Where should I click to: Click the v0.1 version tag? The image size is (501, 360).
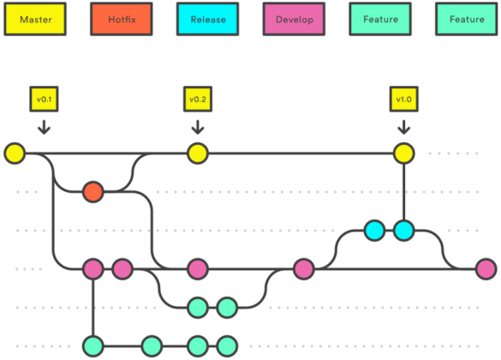[44, 99]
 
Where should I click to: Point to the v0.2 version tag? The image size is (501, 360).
[198, 99]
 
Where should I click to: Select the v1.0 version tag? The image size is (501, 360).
[403, 99]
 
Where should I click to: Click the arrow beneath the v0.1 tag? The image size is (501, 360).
[44, 127]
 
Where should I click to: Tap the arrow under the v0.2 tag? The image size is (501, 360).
[198, 127]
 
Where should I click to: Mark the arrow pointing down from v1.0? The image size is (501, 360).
[403, 127]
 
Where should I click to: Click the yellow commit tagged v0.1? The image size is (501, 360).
[15, 154]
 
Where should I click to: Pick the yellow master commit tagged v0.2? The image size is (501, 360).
[198, 154]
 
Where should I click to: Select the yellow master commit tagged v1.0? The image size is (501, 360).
[403, 154]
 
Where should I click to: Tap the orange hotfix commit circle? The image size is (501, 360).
[92, 192]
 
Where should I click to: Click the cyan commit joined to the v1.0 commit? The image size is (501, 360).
[403, 230]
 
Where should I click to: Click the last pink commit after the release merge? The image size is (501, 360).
[486, 269]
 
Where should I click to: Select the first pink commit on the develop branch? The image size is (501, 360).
[92, 269]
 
